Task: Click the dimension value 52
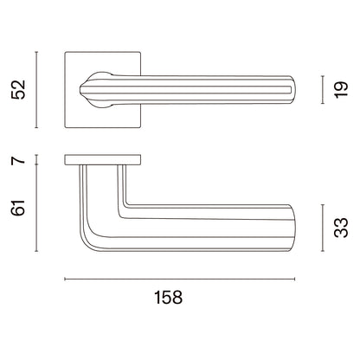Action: click(x=18, y=90)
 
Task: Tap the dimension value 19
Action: click(x=341, y=90)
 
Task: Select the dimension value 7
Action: click(x=18, y=159)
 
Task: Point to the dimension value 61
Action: click(x=18, y=207)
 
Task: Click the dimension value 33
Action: click(x=341, y=228)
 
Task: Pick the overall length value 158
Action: click(x=169, y=298)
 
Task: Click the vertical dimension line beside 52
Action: click(x=36, y=90)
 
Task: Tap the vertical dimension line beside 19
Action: click(x=323, y=90)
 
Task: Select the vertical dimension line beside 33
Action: click(x=323, y=228)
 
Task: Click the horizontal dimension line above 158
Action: click(x=180, y=279)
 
